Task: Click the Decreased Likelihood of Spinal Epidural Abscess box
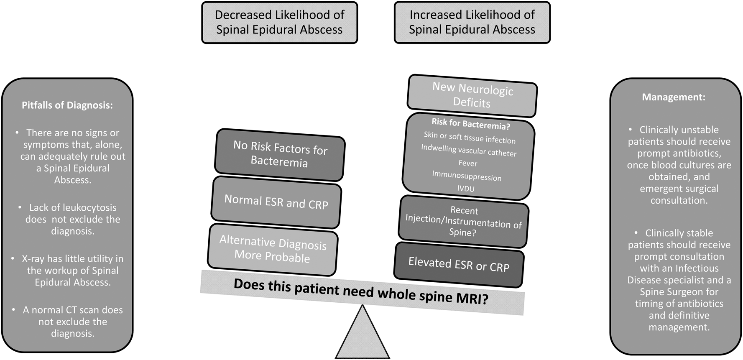pyautogui.click(x=279, y=23)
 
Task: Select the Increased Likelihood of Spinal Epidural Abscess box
pyautogui.click(x=472, y=23)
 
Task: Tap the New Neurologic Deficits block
pyautogui.click(x=472, y=96)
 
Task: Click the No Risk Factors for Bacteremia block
pyautogui.click(x=280, y=154)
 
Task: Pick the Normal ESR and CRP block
pyautogui.click(x=276, y=202)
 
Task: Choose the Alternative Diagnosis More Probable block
pyautogui.click(x=273, y=249)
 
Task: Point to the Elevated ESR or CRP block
pyautogui.click(x=459, y=265)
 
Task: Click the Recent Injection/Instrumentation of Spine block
pyautogui.click(x=463, y=221)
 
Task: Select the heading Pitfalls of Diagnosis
pyautogui.click(x=67, y=105)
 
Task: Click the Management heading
pyautogui.click(x=673, y=97)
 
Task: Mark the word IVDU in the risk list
pyautogui.click(x=466, y=189)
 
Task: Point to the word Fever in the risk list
pyautogui.click(x=467, y=163)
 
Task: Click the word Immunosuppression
pyautogui.click(x=467, y=176)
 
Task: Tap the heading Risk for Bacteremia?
pyautogui.click(x=471, y=124)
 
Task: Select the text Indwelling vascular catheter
pyautogui.click(x=469, y=151)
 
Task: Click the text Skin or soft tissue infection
pyautogui.click(x=470, y=137)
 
